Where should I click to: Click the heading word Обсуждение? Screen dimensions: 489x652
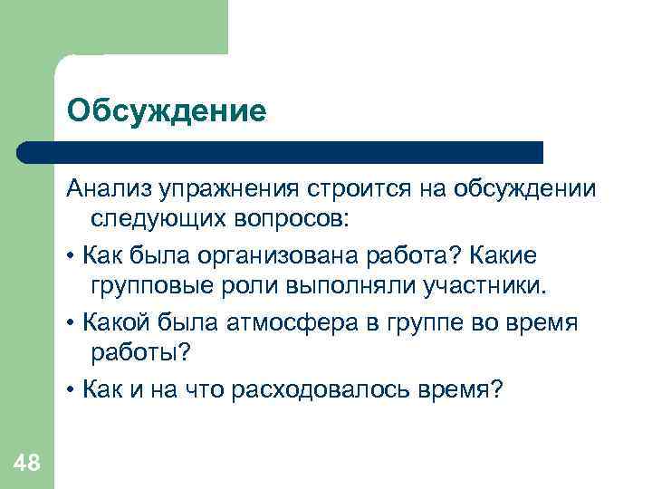(x=167, y=111)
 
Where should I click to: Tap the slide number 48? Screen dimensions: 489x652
(x=27, y=464)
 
